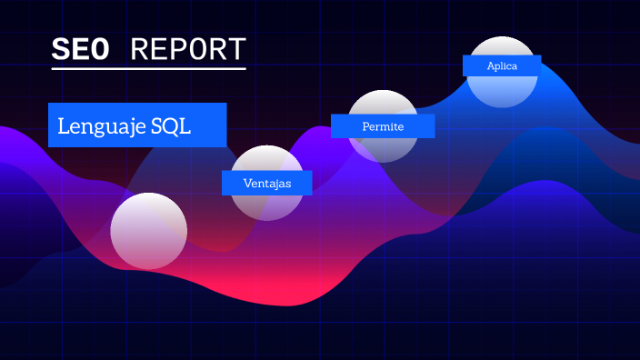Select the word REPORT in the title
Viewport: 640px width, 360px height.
[188, 50]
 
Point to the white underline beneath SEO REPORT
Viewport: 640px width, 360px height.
[148, 68]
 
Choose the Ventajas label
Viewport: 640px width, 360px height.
[267, 183]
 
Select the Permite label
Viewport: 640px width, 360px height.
[383, 126]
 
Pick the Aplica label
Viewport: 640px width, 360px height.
[502, 66]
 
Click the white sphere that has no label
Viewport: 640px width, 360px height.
[149, 231]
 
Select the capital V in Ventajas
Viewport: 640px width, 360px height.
[247, 183]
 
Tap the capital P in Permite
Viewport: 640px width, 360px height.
[365, 126]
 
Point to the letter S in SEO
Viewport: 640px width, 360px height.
[60, 50]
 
